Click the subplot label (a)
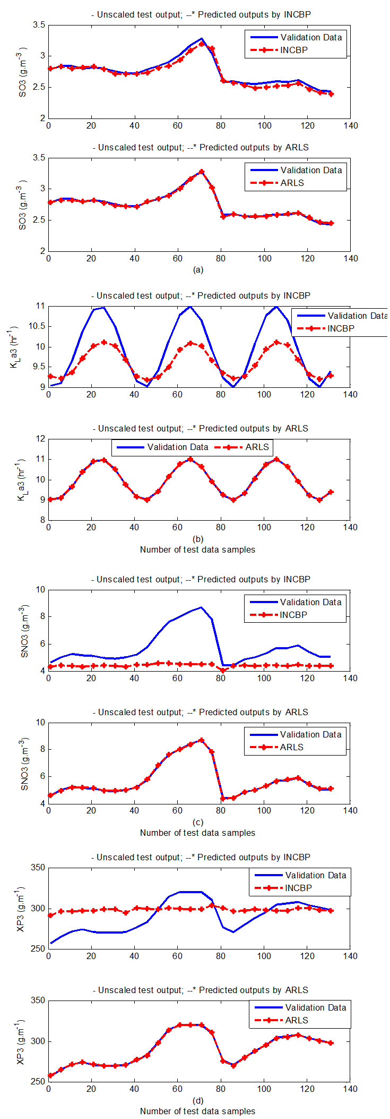coord(198,270)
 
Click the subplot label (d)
coord(198,1100)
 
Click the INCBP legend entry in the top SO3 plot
coord(293,50)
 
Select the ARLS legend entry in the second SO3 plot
coord(292,183)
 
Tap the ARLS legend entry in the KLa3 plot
coord(257,447)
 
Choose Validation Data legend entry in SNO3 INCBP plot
coord(310,603)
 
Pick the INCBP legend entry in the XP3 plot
coord(298,888)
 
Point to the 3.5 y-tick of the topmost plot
coord(39,25)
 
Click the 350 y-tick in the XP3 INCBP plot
coord(38,868)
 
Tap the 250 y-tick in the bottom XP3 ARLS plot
coord(38,1081)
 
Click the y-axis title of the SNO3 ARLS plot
coord(24,764)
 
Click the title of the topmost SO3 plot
coord(201,14)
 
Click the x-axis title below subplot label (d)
coord(197,1111)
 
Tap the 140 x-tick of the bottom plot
coord(350,1089)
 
